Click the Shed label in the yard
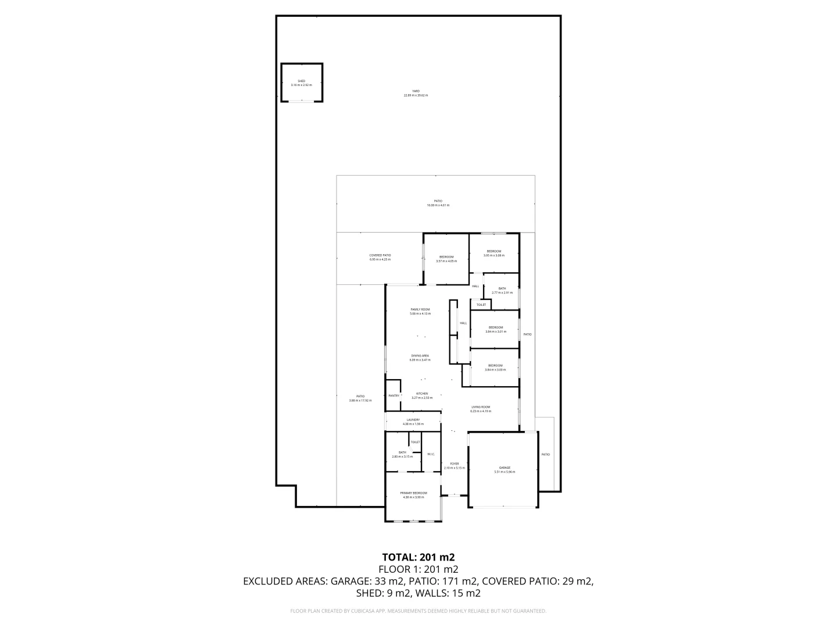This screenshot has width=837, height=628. [x=301, y=83]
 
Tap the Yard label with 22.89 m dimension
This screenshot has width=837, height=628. [x=416, y=93]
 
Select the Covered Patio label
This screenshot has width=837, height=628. [x=380, y=257]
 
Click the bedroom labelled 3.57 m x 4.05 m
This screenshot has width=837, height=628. [x=446, y=259]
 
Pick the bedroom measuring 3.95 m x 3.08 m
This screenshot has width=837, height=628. [x=493, y=253]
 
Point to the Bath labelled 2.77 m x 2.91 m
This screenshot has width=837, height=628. [x=502, y=290]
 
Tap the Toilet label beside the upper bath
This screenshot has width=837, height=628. [x=481, y=305]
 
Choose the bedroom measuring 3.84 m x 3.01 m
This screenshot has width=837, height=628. [x=495, y=329]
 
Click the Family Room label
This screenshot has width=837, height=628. [x=420, y=311]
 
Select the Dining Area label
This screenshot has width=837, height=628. [x=420, y=358]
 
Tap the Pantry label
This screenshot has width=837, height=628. [x=394, y=395]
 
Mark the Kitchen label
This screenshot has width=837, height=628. [x=421, y=395]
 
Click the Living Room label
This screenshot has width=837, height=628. [x=480, y=409]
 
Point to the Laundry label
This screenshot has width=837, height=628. [x=413, y=422]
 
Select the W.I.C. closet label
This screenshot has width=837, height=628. [x=431, y=454]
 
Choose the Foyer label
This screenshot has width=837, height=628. [x=455, y=466]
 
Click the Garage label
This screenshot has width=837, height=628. [x=504, y=469]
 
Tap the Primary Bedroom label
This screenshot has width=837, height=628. [x=413, y=495]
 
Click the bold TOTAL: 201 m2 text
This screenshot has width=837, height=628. [x=418, y=557]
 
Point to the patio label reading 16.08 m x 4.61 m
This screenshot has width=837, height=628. [x=438, y=203]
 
